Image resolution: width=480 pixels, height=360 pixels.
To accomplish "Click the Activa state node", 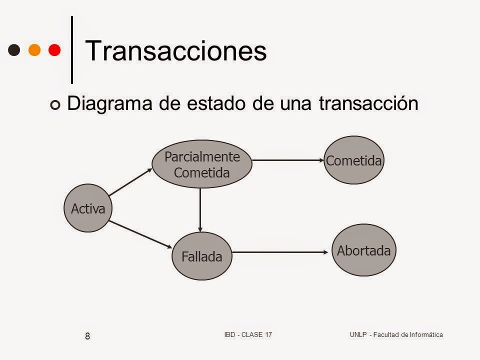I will click(x=88, y=208).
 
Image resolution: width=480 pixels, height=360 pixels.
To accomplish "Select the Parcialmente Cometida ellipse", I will click(x=202, y=164).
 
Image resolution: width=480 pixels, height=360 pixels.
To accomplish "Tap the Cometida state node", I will click(x=354, y=160).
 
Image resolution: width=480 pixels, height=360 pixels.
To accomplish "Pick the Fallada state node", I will click(x=201, y=256).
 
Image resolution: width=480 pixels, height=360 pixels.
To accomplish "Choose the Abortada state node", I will click(x=363, y=250).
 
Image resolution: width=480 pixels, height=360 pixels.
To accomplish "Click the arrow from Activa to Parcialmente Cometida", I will click(x=130, y=181).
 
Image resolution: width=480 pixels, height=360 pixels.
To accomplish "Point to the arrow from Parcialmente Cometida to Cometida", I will click(x=288, y=160).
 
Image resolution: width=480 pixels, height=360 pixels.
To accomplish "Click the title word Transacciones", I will click(x=176, y=51).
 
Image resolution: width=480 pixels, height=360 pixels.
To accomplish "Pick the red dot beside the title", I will click(x=54, y=50).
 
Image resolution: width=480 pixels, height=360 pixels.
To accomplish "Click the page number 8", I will click(x=87, y=336).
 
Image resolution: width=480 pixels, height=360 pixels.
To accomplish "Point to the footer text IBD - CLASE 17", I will click(x=247, y=334).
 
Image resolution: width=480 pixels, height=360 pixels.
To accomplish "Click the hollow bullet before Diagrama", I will click(x=55, y=104).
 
